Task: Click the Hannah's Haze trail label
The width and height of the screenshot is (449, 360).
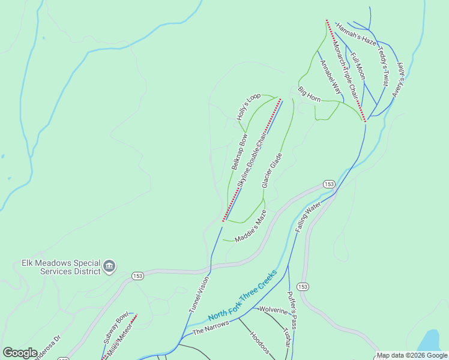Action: [x=356, y=34]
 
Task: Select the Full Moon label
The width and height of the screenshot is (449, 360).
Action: [x=358, y=66]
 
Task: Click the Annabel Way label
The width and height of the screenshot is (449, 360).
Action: [x=330, y=77]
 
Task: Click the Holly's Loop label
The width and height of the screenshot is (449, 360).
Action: [x=249, y=107]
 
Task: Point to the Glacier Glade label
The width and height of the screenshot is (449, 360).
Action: [x=272, y=170]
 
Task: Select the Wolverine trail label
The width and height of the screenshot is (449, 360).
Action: [x=274, y=310]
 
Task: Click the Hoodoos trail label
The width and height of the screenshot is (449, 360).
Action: [x=260, y=343]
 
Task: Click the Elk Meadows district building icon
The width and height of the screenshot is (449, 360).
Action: [x=109, y=266]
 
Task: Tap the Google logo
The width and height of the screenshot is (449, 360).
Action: [x=20, y=353]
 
